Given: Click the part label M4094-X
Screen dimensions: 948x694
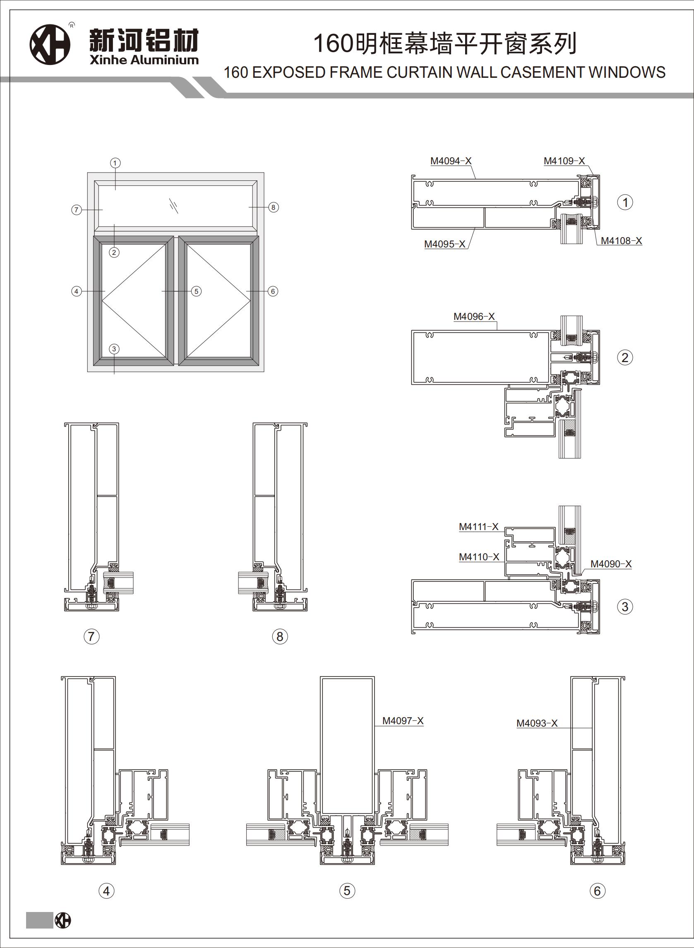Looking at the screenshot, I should coord(451,161).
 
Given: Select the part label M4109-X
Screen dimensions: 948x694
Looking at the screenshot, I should coord(564,161).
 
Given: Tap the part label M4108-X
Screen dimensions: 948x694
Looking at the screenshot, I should coord(621,241).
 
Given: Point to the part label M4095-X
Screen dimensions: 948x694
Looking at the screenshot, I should coord(444,244).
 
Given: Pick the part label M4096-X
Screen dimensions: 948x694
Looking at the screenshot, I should coord(474,316).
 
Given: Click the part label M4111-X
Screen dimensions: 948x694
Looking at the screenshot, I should coord(478,526).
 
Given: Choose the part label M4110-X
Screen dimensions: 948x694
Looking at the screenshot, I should coord(479,557).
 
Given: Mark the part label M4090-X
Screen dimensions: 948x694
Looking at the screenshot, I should coord(611,564).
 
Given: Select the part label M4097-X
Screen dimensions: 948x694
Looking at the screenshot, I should coord(402,721).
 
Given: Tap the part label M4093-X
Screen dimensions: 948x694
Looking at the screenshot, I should coord(536,723).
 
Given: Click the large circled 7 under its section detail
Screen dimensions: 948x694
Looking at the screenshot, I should coord(91,636).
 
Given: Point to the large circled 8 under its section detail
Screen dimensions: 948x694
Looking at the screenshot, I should coord(280,636).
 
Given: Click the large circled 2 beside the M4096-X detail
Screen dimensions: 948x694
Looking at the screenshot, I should coord(625,358).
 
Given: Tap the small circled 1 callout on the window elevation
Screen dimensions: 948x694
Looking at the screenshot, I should coord(115,163).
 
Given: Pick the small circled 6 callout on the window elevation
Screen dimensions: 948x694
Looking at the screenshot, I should coord(273,291).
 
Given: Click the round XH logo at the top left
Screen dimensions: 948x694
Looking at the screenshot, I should coord(50,45).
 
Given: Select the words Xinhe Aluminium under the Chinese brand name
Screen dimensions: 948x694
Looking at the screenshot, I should coord(144,60).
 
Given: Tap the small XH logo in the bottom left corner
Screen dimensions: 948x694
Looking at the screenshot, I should coord(63,921).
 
